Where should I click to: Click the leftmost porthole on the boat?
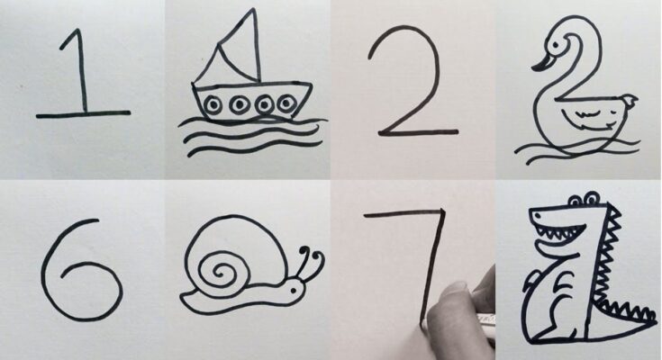213,104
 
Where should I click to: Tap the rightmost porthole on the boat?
286,103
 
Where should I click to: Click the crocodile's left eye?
576,199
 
